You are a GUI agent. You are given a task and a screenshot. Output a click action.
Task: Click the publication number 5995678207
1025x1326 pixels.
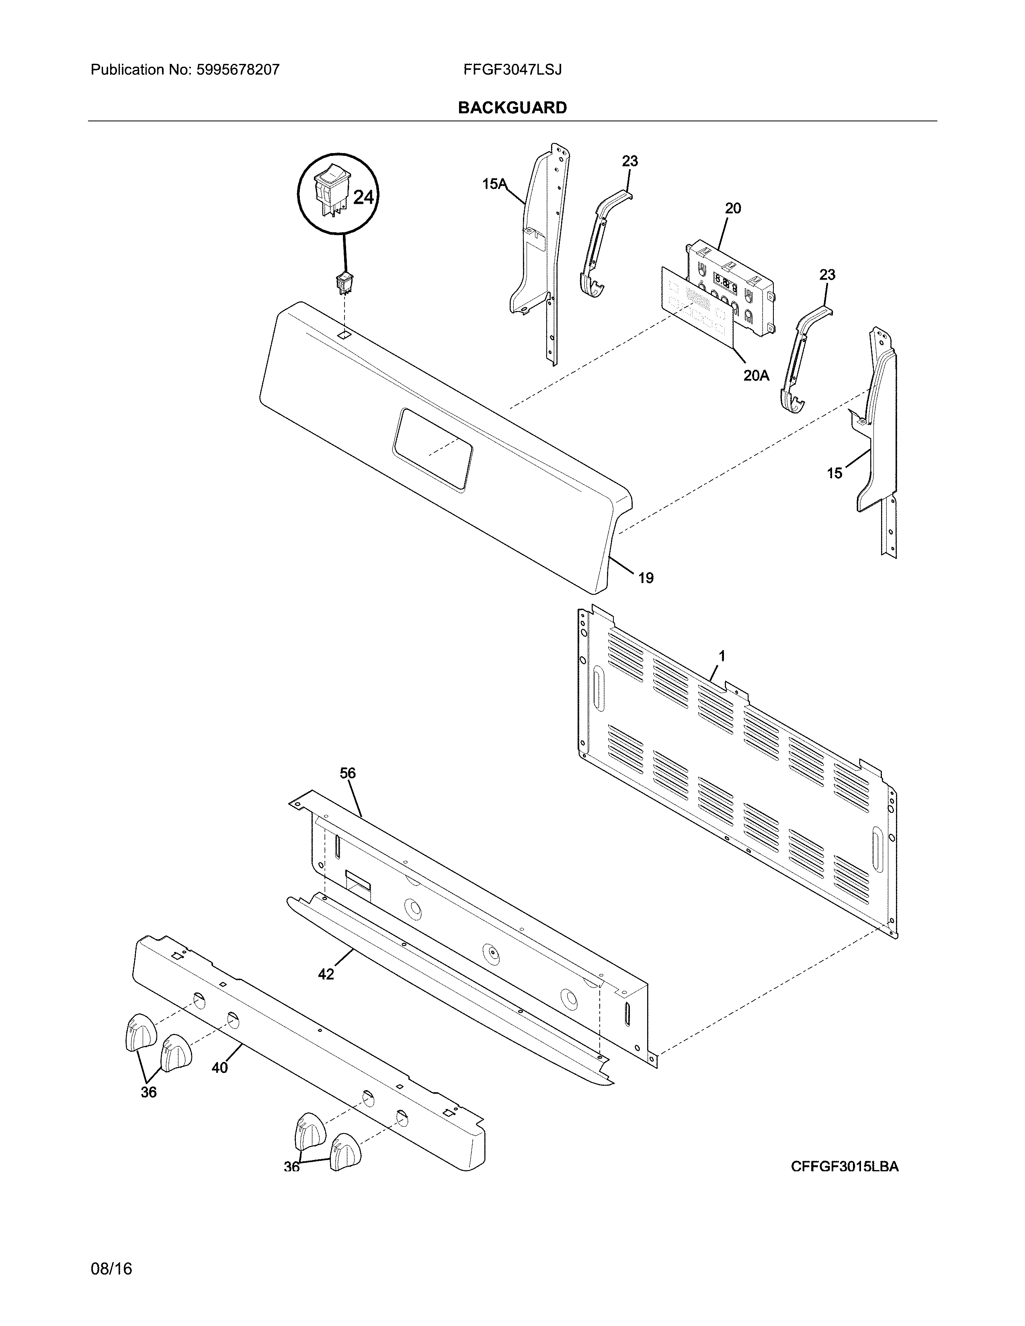click(x=238, y=70)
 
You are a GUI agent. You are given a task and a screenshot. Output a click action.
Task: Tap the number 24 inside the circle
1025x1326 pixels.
click(x=363, y=197)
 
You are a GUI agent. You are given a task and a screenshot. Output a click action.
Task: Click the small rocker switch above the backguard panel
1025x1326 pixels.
click(x=345, y=283)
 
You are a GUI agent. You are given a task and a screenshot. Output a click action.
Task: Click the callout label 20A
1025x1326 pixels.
click(x=756, y=376)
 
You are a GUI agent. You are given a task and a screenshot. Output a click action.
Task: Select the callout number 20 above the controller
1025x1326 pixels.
click(x=733, y=208)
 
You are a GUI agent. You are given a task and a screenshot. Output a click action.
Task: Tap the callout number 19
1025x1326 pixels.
click(x=646, y=578)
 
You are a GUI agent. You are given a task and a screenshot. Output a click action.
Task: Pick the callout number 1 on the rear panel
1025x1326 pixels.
click(x=722, y=656)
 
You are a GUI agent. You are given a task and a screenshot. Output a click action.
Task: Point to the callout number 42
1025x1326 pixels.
click(x=326, y=974)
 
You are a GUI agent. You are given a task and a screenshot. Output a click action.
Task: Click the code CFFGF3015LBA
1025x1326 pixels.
click(x=844, y=1166)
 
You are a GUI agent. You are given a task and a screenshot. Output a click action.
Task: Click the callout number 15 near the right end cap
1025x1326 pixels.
click(x=834, y=473)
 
